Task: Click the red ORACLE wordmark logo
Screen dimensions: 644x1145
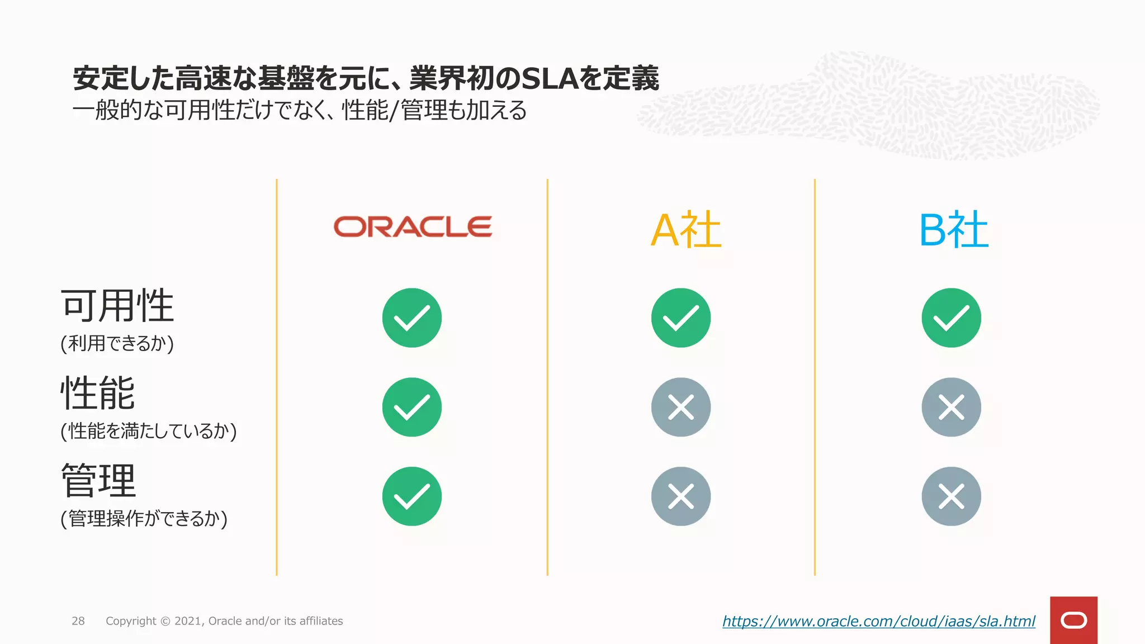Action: pyautogui.click(x=413, y=226)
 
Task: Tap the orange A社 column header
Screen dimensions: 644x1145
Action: pyautogui.click(x=686, y=230)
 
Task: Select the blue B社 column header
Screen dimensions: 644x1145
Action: pyautogui.click(x=954, y=230)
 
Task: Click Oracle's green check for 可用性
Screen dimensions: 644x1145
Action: pyautogui.click(x=412, y=318)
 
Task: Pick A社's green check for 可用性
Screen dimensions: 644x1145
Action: pyautogui.click(x=681, y=318)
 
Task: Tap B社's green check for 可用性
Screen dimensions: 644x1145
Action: pyautogui.click(x=951, y=318)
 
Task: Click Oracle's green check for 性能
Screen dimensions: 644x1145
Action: pyautogui.click(x=412, y=407)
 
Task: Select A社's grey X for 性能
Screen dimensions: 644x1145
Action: pyautogui.click(x=681, y=407)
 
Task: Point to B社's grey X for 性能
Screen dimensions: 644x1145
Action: pyautogui.click(x=951, y=407)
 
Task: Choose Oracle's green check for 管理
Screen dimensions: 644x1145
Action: pyautogui.click(x=412, y=496)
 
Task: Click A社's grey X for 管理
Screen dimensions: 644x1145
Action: pyautogui.click(x=681, y=496)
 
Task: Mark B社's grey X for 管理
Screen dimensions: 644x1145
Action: pyautogui.click(x=951, y=496)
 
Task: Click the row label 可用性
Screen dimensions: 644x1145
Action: pyautogui.click(x=117, y=306)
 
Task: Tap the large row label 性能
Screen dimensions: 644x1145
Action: pyautogui.click(x=98, y=393)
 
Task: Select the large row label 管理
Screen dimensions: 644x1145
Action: pyautogui.click(x=98, y=481)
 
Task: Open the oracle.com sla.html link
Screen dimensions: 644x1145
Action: pyautogui.click(x=878, y=621)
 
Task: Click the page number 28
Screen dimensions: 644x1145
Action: pyautogui.click(x=78, y=621)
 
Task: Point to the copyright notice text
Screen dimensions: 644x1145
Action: pyautogui.click(x=224, y=621)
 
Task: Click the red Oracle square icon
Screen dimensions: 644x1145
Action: pyautogui.click(x=1073, y=620)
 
